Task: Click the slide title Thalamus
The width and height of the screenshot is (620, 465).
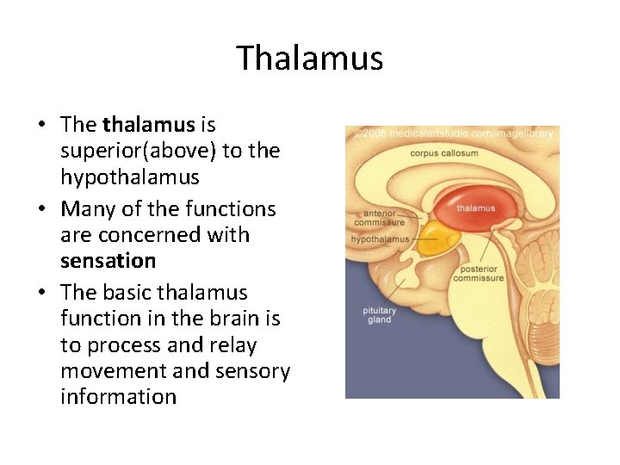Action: (309, 59)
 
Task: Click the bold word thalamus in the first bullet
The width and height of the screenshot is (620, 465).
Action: (148, 125)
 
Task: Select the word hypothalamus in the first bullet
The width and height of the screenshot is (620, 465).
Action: (130, 177)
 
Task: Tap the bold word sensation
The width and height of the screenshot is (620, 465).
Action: (108, 260)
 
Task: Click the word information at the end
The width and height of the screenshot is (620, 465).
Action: (118, 397)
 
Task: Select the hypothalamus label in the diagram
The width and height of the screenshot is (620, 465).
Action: (380, 239)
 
